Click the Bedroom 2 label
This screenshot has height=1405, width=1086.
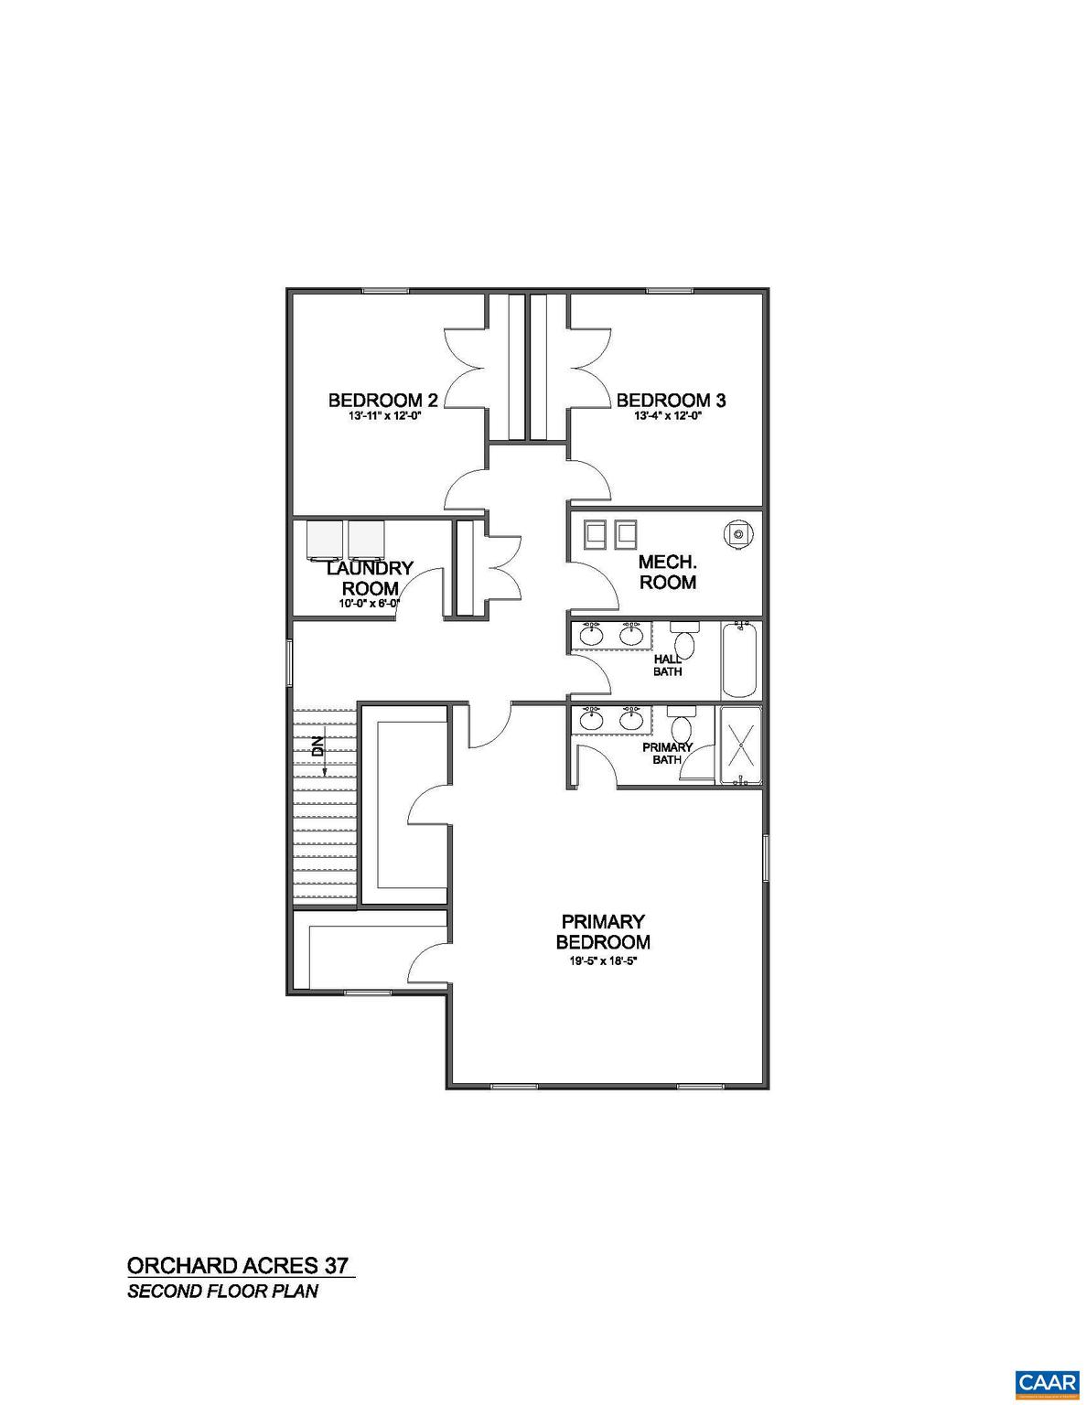pyautogui.click(x=382, y=400)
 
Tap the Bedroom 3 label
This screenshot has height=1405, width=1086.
pyautogui.click(x=671, y=400)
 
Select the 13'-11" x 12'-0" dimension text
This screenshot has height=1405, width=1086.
pyautogui.click(x=382, y=416)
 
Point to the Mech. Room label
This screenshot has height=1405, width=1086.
pyautogui.click(x=667, y=573)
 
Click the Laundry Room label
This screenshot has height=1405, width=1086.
pyautogui.click(x=370, y=578)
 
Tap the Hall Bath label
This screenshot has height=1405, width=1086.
pyautogui.click(x=667, y=665)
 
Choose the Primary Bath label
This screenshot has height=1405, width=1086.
pyautogui.click(x=667, y=753)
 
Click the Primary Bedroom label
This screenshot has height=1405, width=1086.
pyautogui.click(x=603, y=931)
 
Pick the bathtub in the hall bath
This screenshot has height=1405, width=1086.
pyautogui.click(x=740, y=659)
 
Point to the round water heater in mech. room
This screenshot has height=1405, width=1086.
pyautogui.click(x=738, y=534)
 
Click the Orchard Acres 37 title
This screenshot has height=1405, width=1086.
pyautogui.click(x=238, y=1266)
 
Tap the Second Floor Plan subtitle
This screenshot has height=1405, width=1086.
pyautogui.click(x=222, y=1292)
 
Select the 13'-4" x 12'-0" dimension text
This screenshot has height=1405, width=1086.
pyautogui.click(x=671, y=416)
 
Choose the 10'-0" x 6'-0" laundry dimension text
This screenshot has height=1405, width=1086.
pyautogui.click(x=370, y=604)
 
